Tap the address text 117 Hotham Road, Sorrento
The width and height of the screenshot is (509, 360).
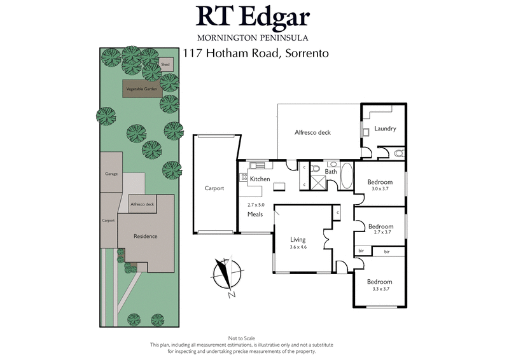[256, 53]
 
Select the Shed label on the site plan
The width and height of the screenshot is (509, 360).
[165, 65]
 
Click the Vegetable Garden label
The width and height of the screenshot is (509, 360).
[141, 89]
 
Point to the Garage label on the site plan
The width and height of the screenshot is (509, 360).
[111, 174]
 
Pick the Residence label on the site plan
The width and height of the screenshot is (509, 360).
[145, 236]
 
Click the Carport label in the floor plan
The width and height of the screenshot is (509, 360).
[214, 188]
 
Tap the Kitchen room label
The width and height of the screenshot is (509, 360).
[260, 179]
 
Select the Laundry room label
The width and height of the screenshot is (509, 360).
[385, 128]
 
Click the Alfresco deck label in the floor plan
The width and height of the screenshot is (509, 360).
[313, 133]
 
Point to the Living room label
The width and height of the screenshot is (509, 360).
[298, 240]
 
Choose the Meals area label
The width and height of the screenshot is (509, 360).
[255, 214]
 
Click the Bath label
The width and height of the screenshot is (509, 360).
[331, 172]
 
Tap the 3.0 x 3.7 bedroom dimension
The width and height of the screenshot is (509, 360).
[380, 189]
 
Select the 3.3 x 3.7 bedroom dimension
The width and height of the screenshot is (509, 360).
[380, 289]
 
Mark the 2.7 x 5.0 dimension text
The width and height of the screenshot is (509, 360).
[255, 205]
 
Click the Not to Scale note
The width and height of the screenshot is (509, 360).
[241, 338]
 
